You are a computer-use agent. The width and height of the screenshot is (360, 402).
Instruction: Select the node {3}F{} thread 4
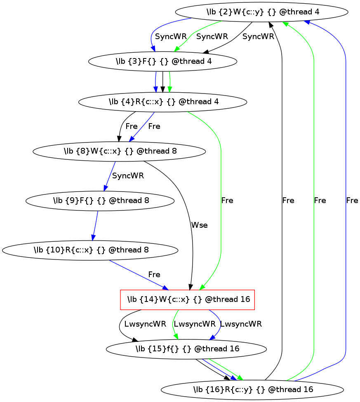click(x=163, y=62)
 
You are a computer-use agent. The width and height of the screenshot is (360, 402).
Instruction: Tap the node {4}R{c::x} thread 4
click(x=163, y=101)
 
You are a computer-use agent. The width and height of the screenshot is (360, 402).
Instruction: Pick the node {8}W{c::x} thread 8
click(x=120, y=151)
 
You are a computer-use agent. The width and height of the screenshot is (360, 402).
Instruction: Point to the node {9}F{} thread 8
click(x=100, y=201)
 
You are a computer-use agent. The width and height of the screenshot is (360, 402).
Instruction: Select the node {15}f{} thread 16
click(x=187, y=349)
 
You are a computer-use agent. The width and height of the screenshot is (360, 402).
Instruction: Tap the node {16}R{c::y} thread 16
click(x=252, y=389)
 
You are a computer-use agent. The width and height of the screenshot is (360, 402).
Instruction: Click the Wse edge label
click(x=199, y=225)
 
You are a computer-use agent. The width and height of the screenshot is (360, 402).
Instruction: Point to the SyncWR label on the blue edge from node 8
click(x=128, y=176)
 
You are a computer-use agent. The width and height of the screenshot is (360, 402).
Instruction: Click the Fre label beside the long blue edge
click(x=352, y=201)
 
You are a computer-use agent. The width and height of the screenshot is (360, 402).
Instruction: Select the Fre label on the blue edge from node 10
click(x=154, y=275)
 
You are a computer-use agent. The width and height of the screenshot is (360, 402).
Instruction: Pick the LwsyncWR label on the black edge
click(x=145, y=324)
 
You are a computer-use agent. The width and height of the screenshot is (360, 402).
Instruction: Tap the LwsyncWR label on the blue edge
click(x=241, y=324)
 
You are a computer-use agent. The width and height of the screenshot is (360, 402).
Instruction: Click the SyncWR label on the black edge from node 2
click(x=258, y=37)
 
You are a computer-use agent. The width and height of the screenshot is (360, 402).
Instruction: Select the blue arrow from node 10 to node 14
click(x=136, y=274)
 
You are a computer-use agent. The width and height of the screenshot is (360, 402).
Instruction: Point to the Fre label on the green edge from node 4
click(x=227, y=201)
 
